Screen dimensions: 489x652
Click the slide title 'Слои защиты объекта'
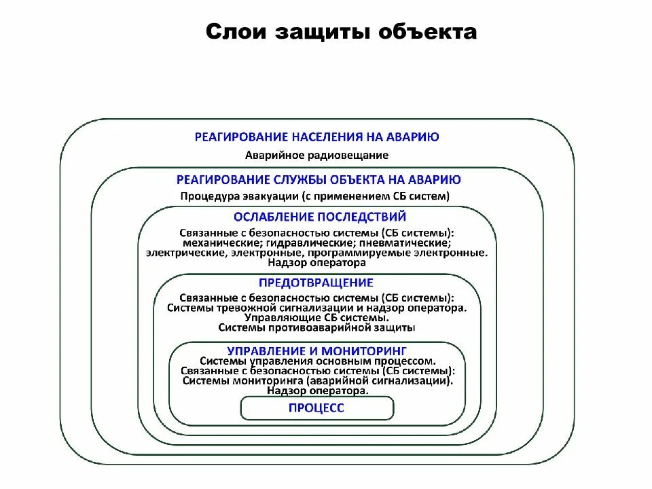(341, 32)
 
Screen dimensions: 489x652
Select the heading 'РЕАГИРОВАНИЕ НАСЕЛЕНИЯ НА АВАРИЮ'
(317, 137)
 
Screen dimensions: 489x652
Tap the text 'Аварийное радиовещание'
(317, 155)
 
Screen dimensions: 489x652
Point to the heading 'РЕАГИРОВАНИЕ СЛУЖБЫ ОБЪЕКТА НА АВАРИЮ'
(319, 179)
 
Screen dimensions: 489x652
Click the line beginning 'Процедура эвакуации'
(315, 196)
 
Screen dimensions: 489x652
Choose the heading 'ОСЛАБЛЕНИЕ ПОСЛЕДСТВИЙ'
(319, 217)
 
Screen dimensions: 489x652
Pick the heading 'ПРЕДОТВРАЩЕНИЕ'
(316, 283)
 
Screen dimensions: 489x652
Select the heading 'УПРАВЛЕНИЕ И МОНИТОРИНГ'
(316, 350)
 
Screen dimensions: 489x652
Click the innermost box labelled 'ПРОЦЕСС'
(316, 407)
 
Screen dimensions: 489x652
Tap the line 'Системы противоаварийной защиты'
(316, 327)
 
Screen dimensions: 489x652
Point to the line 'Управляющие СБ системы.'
(316, 317)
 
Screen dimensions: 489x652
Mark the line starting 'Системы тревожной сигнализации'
(316, 308)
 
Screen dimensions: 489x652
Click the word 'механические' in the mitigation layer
(215, 242)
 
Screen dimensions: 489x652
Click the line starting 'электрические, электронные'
(316, 253)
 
